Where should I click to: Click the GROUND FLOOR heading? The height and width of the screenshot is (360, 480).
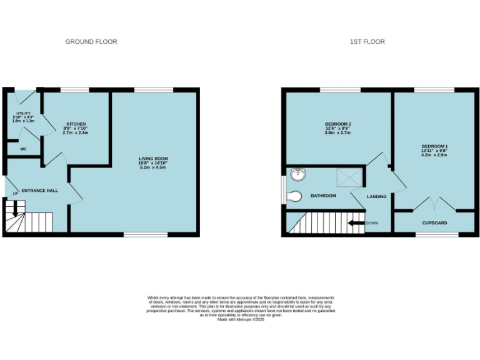(x=91, y=42)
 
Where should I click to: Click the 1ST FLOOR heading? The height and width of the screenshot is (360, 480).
(x=367, y=42)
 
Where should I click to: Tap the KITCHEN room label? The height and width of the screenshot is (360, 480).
(x=76, y=124)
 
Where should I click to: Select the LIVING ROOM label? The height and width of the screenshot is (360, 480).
(x=153, y=159)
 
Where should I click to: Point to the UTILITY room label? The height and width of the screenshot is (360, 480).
(x=23, y=113)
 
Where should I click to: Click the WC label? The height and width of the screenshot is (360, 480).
(x=23, y=149)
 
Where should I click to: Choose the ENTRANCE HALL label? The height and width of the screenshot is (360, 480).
(x=40, y=191)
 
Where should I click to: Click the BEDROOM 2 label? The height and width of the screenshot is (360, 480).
(x=337, y=124)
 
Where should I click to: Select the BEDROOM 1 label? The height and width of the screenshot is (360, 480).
(x=434, y=146)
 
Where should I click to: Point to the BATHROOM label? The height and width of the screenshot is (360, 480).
(x=323, y=196)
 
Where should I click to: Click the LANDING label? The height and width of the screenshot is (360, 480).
(x=377, y=196)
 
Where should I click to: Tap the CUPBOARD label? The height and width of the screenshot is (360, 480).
(x=434, y=222)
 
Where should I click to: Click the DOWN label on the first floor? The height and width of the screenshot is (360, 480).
(x=372, y=222)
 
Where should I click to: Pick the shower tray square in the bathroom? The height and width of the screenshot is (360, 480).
(x=349, y=177)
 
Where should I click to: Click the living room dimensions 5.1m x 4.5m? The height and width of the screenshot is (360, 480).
(x=153, y=167)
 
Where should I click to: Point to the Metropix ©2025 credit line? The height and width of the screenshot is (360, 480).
(x=241, y=319)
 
